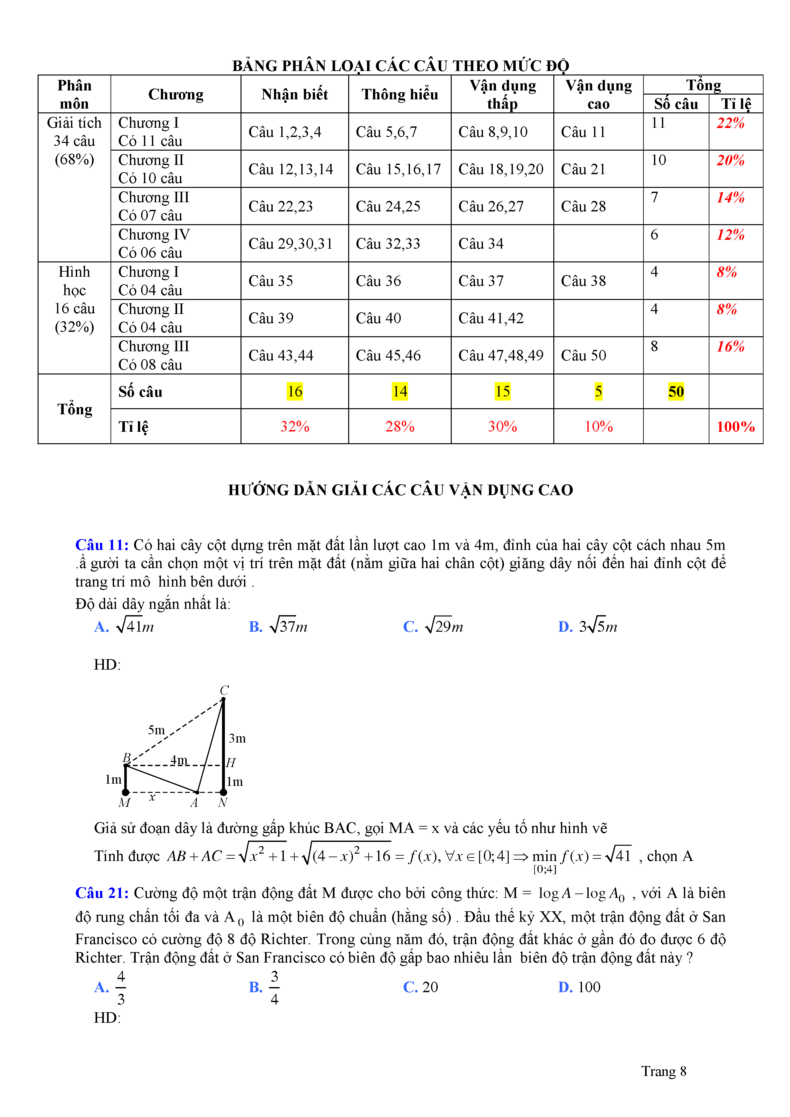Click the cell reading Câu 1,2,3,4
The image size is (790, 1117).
click(x=285, y=132)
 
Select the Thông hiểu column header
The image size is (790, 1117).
click(x=400, y=94)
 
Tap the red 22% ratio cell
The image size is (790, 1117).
click(x=730, y=123)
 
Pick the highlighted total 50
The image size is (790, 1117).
click(x=676, y=392)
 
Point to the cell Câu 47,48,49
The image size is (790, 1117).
click(x=501, y=356)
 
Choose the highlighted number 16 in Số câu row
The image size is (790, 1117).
click(x=294, y=392)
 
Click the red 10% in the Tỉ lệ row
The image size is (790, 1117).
click(x=598, y=427)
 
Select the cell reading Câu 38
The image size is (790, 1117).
click(x=583, y=281)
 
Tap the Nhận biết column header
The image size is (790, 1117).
click(x=294, y=94)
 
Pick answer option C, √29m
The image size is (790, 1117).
click(x=433, y=626)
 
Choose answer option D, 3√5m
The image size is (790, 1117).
click(x=588, y=626)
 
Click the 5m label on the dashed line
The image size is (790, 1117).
click(x=156, y=730)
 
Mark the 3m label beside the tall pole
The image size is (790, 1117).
click(x=237, y=738)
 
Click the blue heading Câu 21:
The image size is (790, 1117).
click(x=102, y=893)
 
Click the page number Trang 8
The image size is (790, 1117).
click(x=664, y=1071)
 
